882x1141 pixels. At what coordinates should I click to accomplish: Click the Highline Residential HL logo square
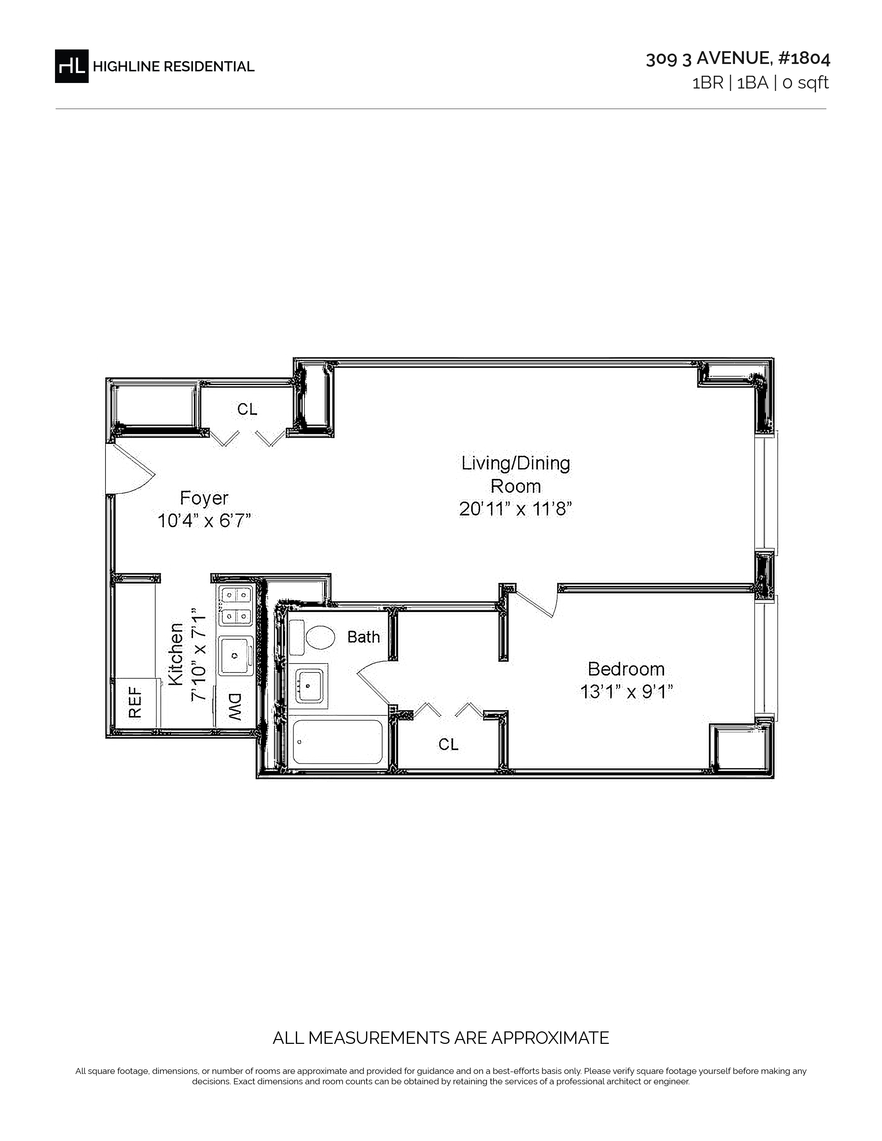(x=72, y=66)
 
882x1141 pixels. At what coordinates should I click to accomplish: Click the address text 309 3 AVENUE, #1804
(x=738, y=58)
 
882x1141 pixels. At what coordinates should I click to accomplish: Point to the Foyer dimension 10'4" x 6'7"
(x=204, y=521)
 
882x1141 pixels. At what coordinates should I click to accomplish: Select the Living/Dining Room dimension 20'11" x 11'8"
(x=516, y=508)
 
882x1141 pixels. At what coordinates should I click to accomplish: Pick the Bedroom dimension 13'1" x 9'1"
(x=626, y=692)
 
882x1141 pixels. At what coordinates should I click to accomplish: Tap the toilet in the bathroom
(x=312, y=637)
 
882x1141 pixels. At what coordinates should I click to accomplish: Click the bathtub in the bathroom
(x=338, y=742)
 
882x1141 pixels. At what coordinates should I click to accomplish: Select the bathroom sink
(x=309, y=685)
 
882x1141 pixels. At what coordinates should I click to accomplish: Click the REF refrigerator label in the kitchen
(x=135, y=703)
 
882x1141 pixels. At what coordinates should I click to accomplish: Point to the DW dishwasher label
(x=235, y=707)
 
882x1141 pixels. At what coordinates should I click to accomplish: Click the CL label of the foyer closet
(x=247, y=409)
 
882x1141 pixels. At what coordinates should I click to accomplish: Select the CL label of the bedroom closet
(x=448, y=744)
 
